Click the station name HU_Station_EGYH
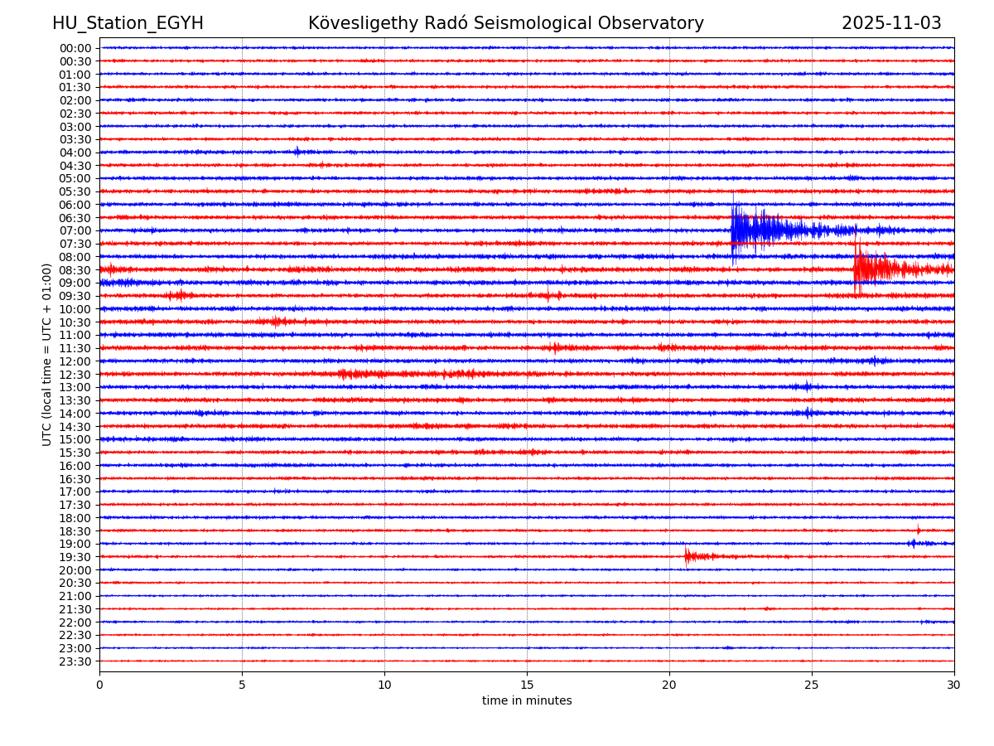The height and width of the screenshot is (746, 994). coord(128,24)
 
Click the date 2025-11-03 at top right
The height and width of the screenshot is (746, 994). coord(891,24)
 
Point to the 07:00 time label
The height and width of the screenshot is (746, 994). coord(75,230)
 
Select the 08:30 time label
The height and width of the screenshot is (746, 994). coord(75,270)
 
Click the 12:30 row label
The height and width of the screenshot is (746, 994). coord(75,375)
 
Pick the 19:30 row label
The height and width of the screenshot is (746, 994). coord(75,557)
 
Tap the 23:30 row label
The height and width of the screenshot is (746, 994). coord(75,661)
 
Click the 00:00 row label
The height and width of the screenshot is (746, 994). coord(75,48)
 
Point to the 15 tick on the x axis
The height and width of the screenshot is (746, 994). coord(527,685)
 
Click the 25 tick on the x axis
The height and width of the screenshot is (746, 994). coord(812,685)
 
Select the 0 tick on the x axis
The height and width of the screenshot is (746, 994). coord(99,685)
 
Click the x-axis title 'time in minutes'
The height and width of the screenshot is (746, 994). coord(527,701)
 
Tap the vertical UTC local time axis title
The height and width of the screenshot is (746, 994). coord(47,354)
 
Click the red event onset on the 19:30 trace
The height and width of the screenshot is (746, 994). coord(687,556)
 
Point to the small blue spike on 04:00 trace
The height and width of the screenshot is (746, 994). coord(297,152)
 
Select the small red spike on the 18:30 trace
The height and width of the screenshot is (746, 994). coord(918,530)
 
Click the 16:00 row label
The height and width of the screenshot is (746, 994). coord(75,466)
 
